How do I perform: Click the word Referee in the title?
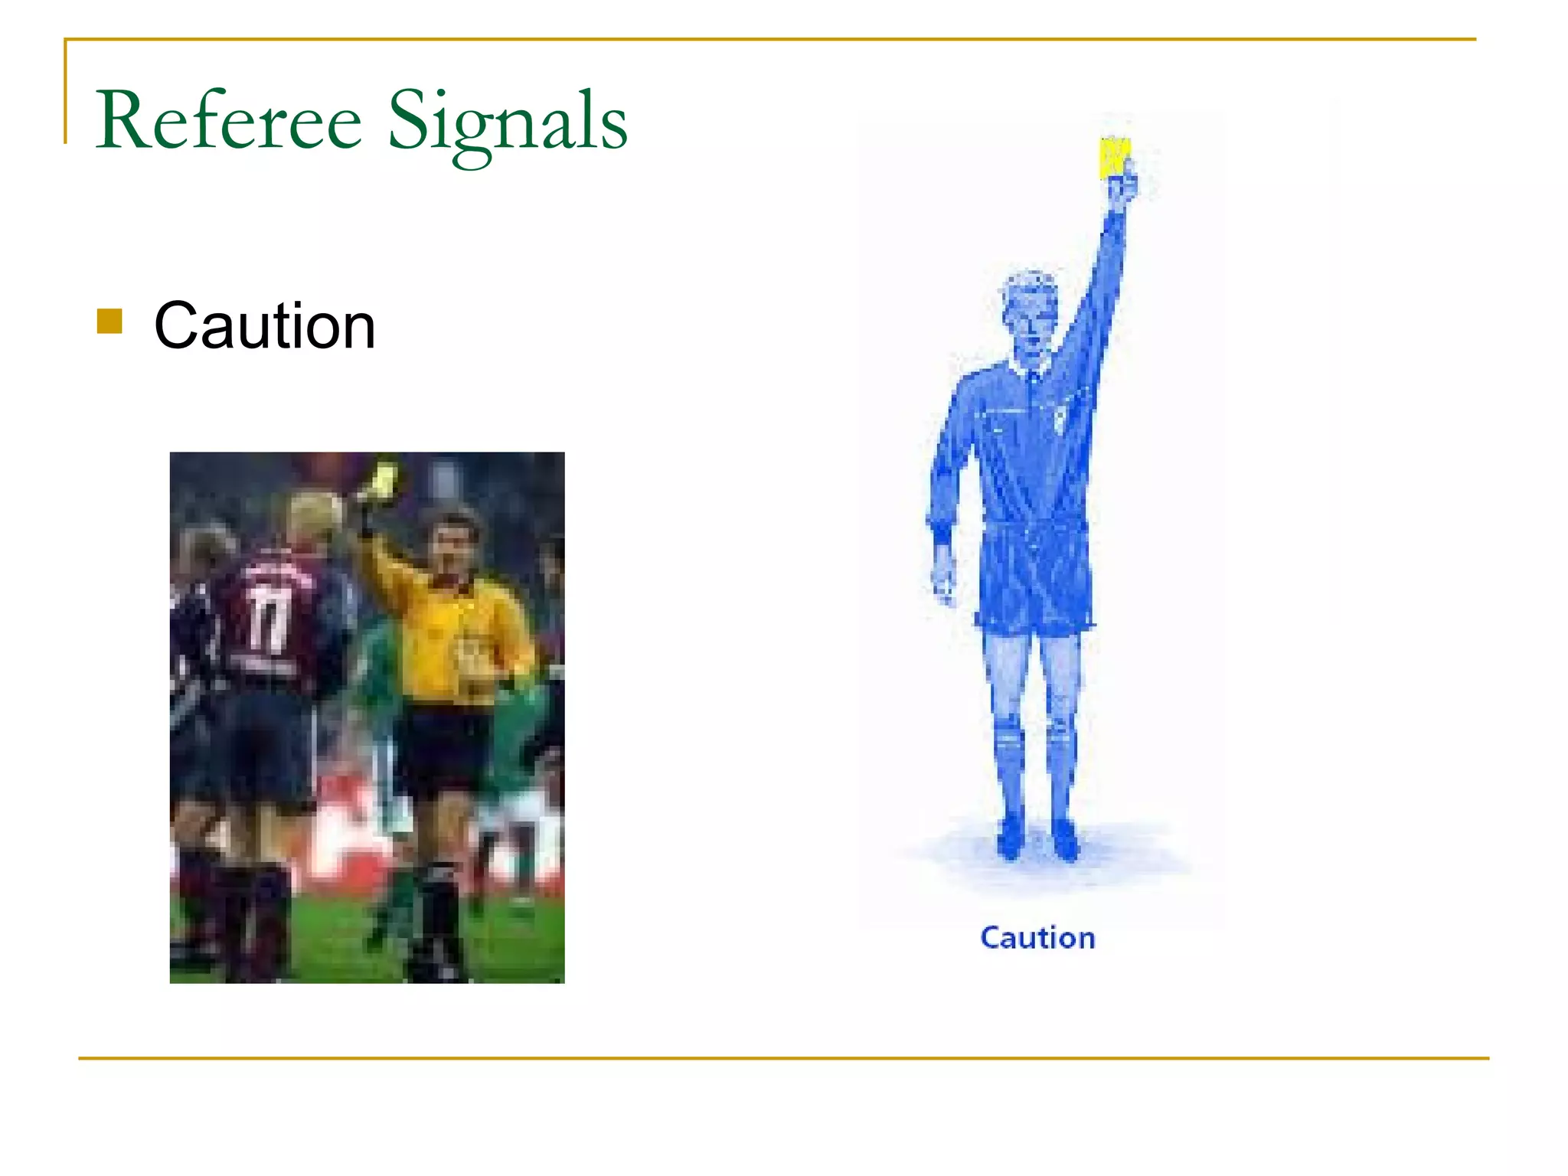pyautogui.click(x=228, y=121)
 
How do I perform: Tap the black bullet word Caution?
pyautogui.click(x=264, y=326)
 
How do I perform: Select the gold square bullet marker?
pyautogui.click(x=109, y=322)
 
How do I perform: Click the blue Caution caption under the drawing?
pyautogui.click(x=1037, y=938)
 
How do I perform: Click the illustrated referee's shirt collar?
pyautogui.click(x=1030, y=371)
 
